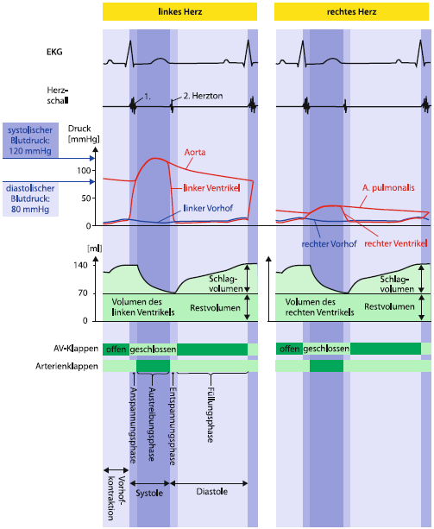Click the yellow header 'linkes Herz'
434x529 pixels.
click(x=179, y=12)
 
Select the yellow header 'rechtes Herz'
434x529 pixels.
click(x=352, y=12)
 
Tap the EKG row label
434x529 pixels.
click(x=54, y=52)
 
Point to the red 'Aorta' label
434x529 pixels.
click(x=195, y=152)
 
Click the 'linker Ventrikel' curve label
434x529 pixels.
click(x=211, y=188)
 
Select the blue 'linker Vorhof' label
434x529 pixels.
click(x=208, y=208)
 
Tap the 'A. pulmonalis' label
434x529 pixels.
click(x=388, y=188)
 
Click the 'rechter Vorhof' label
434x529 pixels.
click(x=329, y=244)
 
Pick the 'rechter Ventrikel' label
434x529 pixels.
click(x=396, y=243)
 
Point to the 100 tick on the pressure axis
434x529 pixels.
click(x=84, y=170)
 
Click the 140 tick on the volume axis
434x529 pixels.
click(x=81, y=265)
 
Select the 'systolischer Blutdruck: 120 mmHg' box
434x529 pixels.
click(x=30, y=141)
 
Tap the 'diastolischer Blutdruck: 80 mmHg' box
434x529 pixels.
click(x=30, y=198)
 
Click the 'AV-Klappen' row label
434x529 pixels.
click(x=76, y=348)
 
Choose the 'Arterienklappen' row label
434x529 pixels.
click(x=66, y=366)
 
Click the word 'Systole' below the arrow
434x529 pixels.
click(x=149, y=494)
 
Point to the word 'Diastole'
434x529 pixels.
click(x=211, y=492)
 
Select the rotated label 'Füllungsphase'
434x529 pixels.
click(x=210, y=414)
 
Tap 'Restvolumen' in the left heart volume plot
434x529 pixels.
click(x=215, y=308)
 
